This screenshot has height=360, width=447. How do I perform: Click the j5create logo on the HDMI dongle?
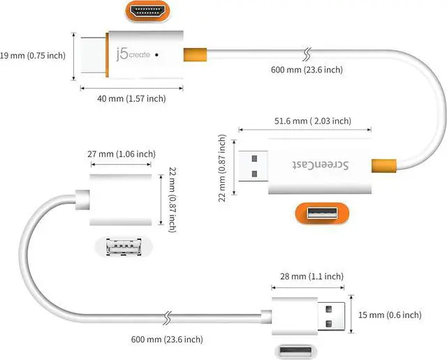[x=133, y=54]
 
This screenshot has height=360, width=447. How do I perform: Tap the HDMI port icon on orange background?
[x=147, y=11]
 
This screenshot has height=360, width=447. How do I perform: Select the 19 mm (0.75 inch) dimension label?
[x=33, y=55]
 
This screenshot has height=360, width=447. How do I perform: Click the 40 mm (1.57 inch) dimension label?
[x=131, y=98]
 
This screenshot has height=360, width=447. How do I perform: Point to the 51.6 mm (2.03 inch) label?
[x=313, y=121]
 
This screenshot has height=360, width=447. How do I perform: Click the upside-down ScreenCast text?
[x=320, y=165]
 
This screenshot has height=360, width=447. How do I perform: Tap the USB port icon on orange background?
[x=322, y=213]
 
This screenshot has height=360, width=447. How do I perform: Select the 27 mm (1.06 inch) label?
[x=122, y=154]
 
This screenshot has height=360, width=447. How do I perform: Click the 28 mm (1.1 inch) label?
[x=312, y=276]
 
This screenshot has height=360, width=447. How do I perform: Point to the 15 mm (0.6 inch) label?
[x=390, y=315]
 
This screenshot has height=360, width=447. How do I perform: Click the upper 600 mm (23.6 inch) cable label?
[x=307, y=70]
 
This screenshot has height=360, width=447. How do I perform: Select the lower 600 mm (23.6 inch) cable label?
[x=167, y=339]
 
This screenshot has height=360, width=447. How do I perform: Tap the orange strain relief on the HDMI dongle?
[x=195, y=54]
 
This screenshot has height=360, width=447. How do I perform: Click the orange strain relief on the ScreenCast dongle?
[x=384, y=166]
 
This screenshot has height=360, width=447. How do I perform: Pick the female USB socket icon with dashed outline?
[x=124, y=247]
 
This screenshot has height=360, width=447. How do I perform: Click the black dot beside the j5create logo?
[x=156, y=54]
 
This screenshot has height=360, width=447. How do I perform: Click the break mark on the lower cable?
[x=168, y=318]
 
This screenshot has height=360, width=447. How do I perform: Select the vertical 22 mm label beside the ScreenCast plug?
[x=222, y=168]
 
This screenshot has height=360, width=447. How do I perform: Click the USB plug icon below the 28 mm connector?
[x=296, y=351]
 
